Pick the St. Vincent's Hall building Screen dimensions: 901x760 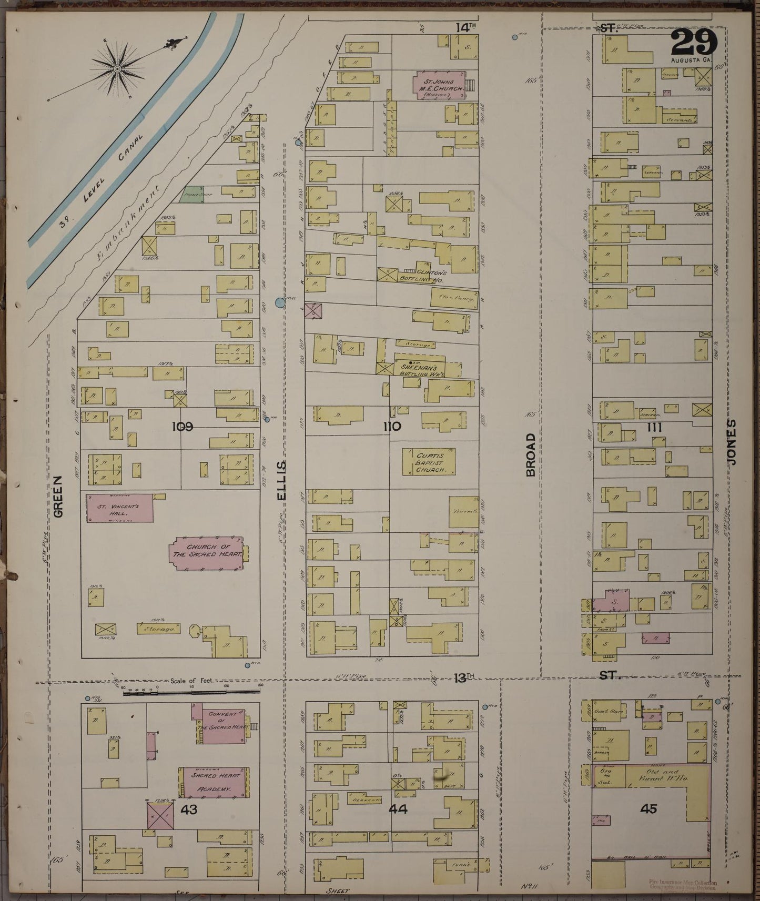click(x=119, y=508)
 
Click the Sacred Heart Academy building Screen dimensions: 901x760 click(x=213, y=782)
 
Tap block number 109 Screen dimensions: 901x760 click(x=182, y=427)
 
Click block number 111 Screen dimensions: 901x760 click(x=654, y=428)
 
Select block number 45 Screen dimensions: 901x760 click(x=648, y=808)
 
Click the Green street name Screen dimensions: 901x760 click(x=58, y=496)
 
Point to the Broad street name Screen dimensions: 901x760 click(x=530, y=455)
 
